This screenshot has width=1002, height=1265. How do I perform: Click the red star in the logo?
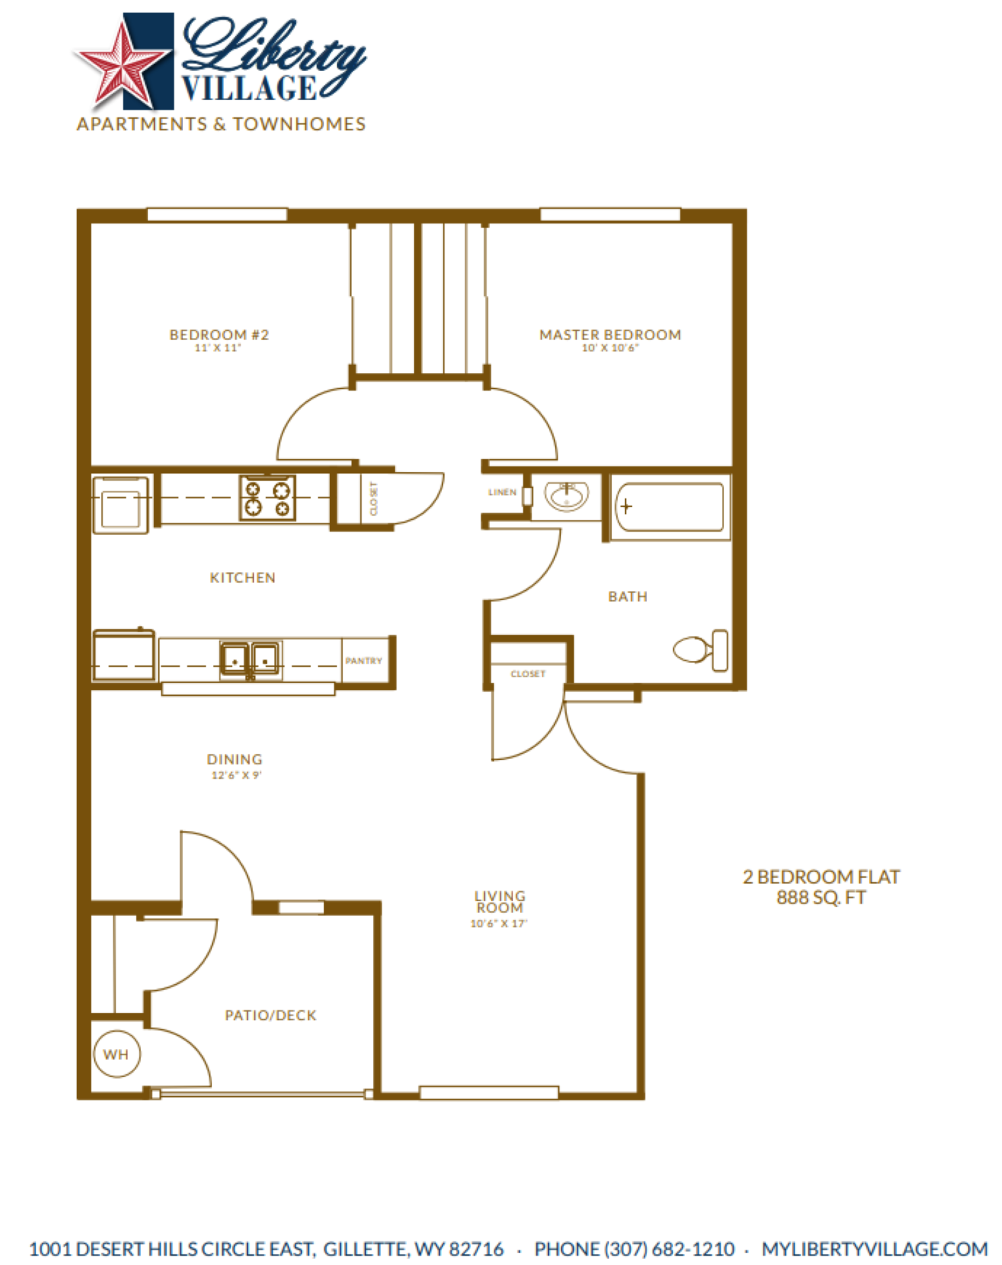(x=122, y=66)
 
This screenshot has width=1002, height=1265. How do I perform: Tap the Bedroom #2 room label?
(x=219, y=335)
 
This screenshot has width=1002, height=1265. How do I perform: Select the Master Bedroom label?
(x=610, y=335)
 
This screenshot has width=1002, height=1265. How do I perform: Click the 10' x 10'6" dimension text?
(x=610, y=348)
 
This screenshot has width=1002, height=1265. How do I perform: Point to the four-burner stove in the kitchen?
(x=267, y=498)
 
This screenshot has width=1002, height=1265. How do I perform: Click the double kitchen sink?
(x=250, y=658)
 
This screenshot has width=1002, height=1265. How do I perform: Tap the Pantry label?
(x=364, y=661)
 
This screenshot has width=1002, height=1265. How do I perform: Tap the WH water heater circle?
(x=117, y=1054)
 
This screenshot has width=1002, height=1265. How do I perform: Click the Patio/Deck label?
(x=271, y=1015)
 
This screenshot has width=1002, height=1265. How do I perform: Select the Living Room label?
(x=500, y=901)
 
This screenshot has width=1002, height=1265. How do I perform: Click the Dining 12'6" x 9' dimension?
(x=236, y=775)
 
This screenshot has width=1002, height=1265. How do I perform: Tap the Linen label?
(x=502, y=492)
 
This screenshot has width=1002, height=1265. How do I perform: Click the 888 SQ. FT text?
(x=821, y=897)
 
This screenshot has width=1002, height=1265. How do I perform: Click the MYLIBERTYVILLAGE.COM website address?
(x=874, y=1249)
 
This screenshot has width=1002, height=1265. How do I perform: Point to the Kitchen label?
(x=242, y=578)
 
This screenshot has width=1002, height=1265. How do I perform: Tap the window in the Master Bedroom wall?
(x=610, y=214)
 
